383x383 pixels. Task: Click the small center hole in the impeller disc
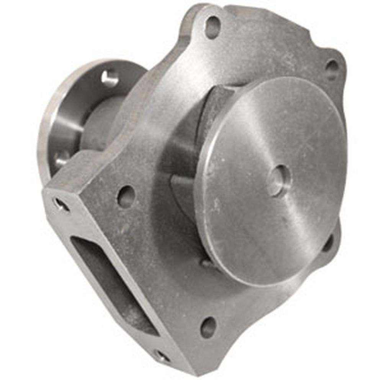coord(278,180)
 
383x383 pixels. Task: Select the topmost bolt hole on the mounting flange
coord(213,26)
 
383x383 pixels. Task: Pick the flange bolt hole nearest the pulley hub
coord(126,196)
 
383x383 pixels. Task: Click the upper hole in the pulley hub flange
coord(110,78)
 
